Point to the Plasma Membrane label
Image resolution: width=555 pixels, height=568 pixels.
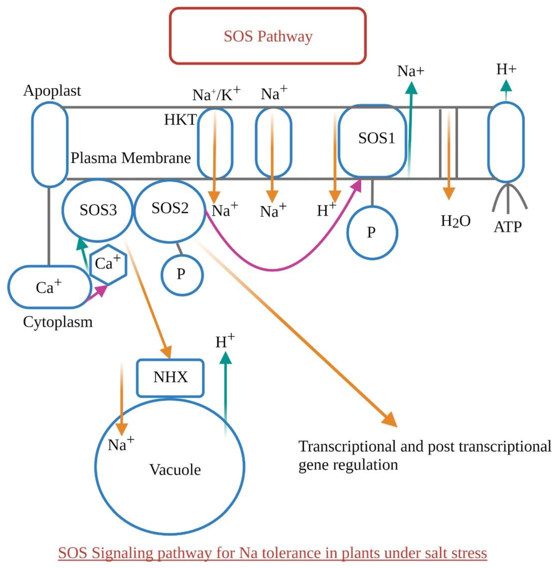click(131, 158)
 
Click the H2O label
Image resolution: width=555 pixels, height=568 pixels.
click(456, 221)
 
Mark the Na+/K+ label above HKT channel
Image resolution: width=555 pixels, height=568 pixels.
click(216, 94)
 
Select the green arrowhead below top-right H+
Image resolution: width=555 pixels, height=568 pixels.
click(506, 86)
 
